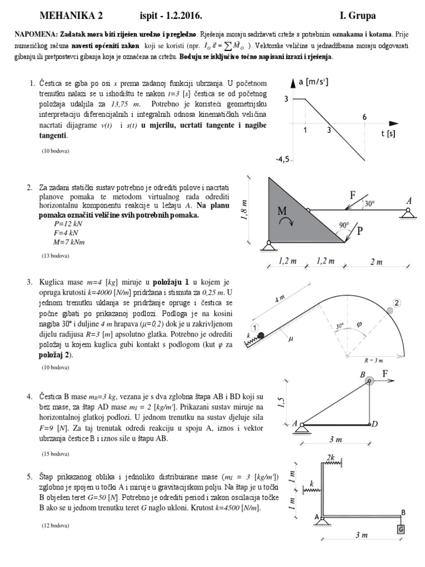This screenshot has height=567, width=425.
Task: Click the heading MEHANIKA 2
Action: click(x=71, y=14)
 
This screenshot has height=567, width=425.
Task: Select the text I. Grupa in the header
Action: click(x=361, y=14)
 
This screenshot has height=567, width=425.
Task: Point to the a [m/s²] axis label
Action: click(x=313, y=83)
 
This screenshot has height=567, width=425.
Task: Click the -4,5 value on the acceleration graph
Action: click(x=283, y=159)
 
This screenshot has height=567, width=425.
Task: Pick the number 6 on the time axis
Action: click(x=364, y=117)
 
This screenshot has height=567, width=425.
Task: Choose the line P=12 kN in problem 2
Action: click(x=68, y=224)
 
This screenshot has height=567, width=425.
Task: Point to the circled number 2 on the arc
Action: click(x=397, y=302)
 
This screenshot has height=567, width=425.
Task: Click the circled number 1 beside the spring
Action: click(x=255, y=326)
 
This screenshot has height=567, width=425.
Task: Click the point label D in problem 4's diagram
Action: click(x=375, y=424)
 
